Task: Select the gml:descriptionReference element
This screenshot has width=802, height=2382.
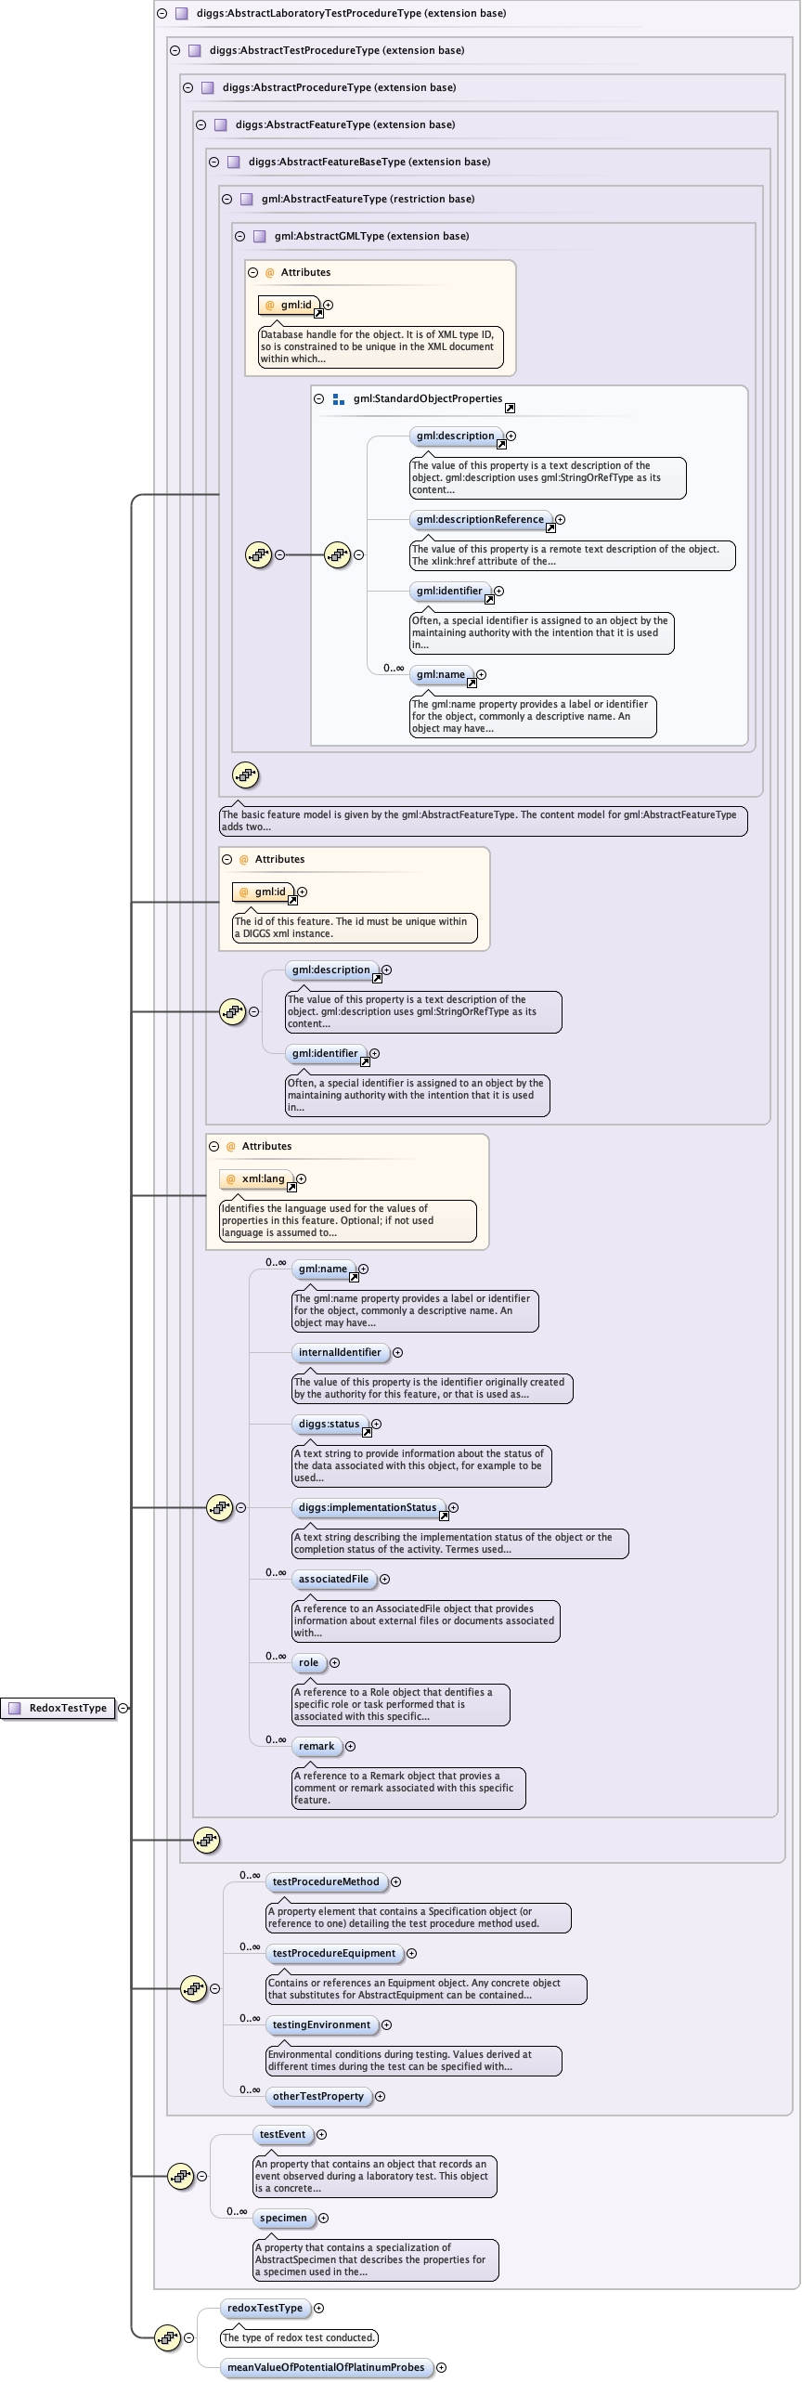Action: pyautogui.click(x=480, y=520)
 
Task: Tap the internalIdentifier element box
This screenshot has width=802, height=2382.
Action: pyautogui.click(x=340, y=1353)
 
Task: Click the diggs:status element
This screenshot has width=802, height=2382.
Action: pyautogui.click(x=329, y=1425)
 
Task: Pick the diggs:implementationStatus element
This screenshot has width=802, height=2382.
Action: pyautogui.click(x=368, y=1508)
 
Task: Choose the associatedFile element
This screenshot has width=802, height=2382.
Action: pyautogui.click(x=333, y=1580)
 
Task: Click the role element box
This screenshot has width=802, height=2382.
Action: pyautogui.click(x=308, y=1663)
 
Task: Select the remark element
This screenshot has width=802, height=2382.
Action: pyautogui.click(x=317, y=1747)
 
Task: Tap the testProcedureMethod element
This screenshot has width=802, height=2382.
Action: pyautogui.click(x=326, y=1882)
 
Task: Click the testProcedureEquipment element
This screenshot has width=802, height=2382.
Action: pyautogui.click(x=334, y=1954)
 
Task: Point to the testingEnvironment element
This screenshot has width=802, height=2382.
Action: pyautogui.click(x=321, y=2025)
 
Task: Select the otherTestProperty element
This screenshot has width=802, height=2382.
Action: pyautogui.click(x=318, y=2097)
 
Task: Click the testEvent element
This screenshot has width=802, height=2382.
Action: pyautogui.click(x=282, y=2135)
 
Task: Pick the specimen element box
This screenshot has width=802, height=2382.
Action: pyautogui.click(x=283, y=2219)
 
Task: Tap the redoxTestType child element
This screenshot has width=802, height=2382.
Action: pyautogui.click(x=265, y=2309)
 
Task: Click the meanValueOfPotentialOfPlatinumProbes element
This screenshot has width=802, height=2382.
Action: pyautogui.click(x=326, y=2368)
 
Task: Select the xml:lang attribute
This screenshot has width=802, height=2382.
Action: pyautogui.click(x=263, y=1179)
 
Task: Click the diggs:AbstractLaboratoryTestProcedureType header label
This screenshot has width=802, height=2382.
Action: pyautogui.click(x=351, y=14)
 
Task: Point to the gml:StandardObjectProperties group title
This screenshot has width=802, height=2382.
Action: pyautogui.click(x=427, y=399)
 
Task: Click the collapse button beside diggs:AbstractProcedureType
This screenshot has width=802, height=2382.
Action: pyautogui.click(x=188, y=88)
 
